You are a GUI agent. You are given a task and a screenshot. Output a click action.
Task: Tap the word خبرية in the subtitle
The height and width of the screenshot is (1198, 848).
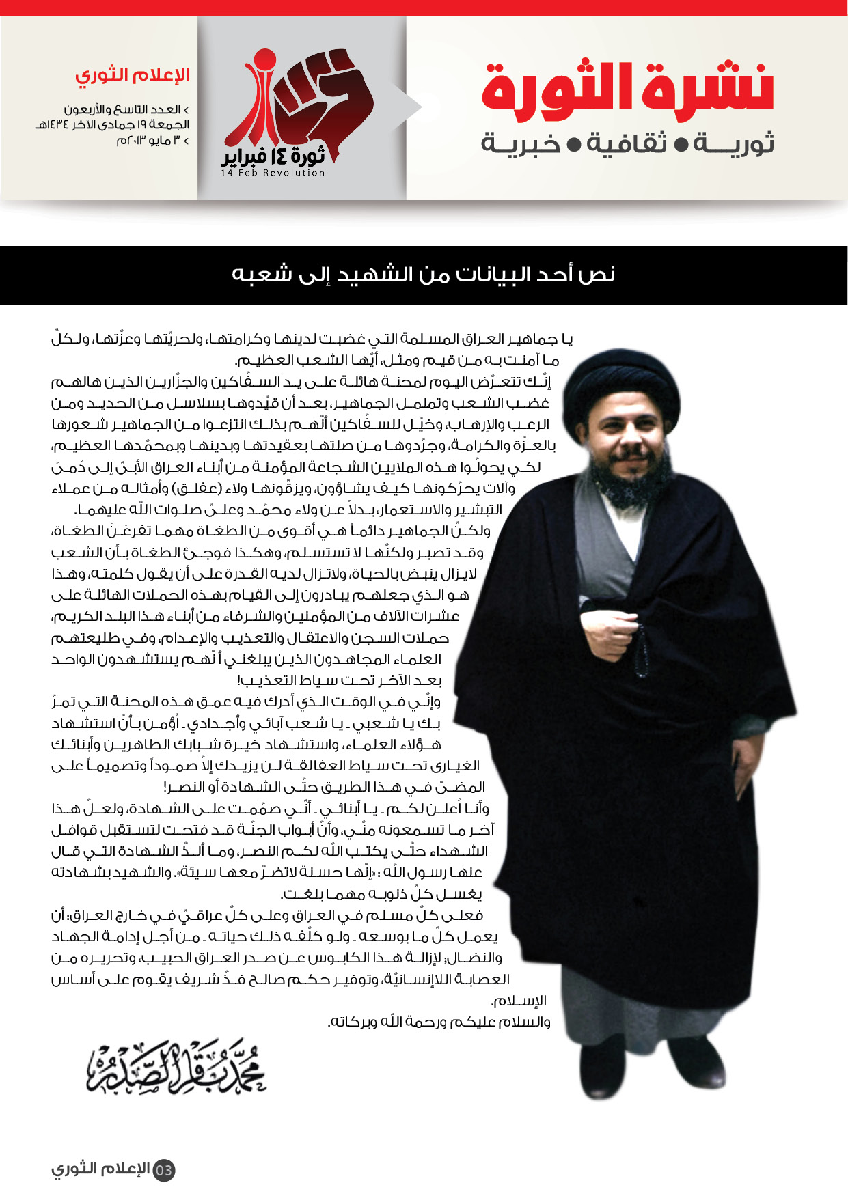pos(521,143)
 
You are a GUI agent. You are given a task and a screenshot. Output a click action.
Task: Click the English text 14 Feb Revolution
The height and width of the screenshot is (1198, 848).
pos(273,173)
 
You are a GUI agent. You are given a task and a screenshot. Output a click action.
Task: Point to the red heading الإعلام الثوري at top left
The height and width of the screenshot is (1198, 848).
pos(132,75)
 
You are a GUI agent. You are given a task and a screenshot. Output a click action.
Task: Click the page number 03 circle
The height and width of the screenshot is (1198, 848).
pos(163,1170)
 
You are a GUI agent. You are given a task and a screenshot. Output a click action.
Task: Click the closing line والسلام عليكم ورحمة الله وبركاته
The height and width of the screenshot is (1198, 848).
pos(439,1022)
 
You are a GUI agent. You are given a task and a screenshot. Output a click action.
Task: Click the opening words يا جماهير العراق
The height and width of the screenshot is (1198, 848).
pos(526,339)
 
